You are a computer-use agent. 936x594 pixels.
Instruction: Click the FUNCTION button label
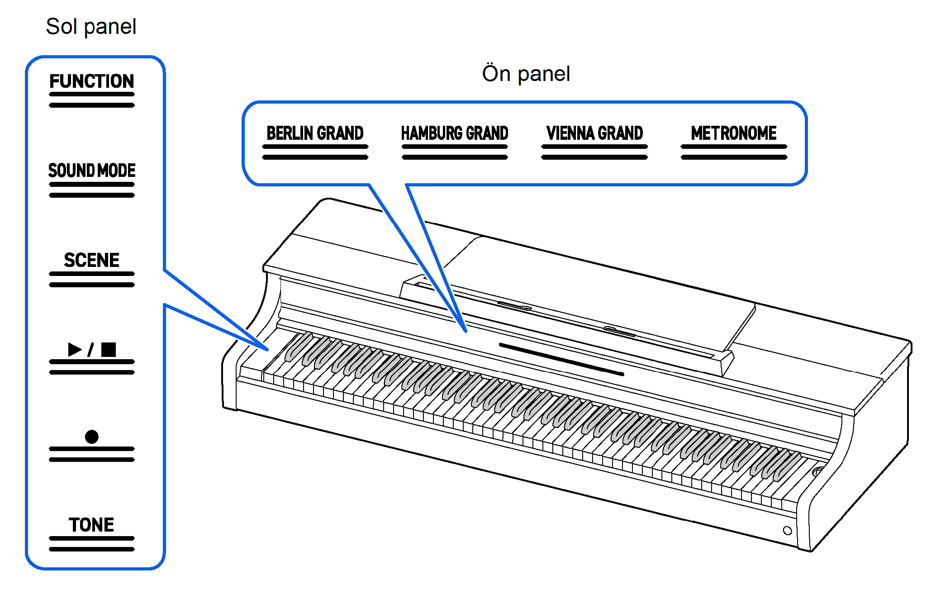pyautogui.click(x=91, y=81)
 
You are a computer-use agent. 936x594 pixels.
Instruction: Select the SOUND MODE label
pyautogui.click(x=91, y=171)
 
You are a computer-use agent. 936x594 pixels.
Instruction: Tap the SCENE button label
pyautogui.click(x=91, y=260)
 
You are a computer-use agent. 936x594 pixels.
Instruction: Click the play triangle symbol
pyautogui.click(x=75, y=349)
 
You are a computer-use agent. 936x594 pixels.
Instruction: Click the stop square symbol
pyautogui.click(x=109, y=349)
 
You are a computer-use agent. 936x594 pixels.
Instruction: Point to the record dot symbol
pyautogui.click(x=91, y=437)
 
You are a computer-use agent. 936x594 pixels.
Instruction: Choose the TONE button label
pyautogui.click(x=91, y=525)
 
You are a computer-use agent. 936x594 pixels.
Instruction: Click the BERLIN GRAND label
pyautogui.click(x=315, y=133)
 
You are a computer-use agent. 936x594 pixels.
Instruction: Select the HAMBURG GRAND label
pyautogui.click(x=455, y=133)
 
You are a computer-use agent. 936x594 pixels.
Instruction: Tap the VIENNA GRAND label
pyautogui.click(x=594, y=133)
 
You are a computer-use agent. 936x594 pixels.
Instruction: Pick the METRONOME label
pyautogui.click(x=734, y=133)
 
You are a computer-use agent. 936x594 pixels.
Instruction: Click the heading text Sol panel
pyautogui.click(x=91, y=26)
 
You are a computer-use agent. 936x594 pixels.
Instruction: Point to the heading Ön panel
pyautogui.click(x=526, y=74)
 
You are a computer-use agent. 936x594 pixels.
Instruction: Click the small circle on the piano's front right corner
pyautogui.click(x=787, y=531)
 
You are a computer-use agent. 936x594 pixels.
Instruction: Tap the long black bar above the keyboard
pyautogui.click(x=561, y=359)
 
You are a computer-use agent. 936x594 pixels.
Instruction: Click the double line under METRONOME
pyautogui.click(x=734, y=152)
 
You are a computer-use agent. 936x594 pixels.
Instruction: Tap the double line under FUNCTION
pyautogui.click(x=91, y=100)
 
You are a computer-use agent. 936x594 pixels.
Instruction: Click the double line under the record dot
pyautogui.click(x=91, y=454)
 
